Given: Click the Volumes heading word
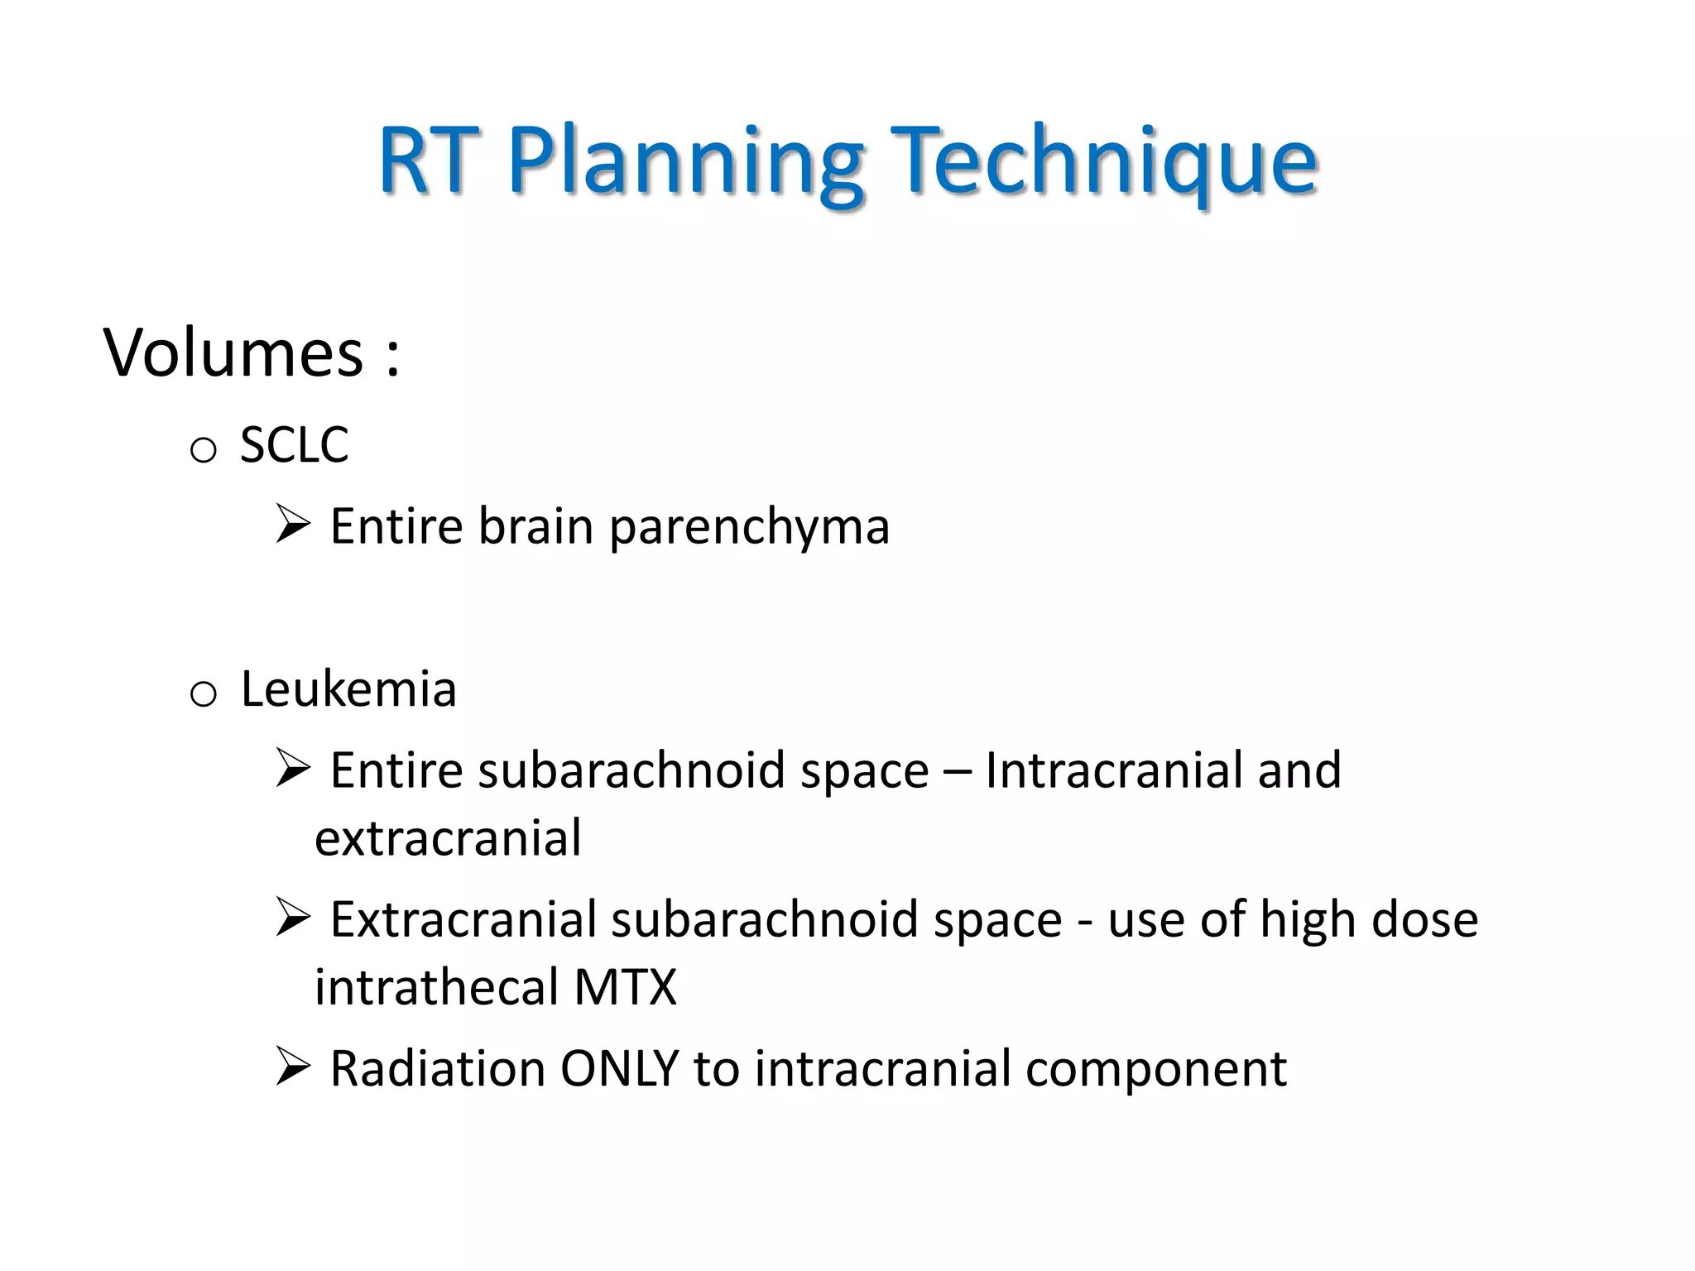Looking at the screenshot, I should (233, 354).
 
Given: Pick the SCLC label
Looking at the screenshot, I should (294, 445).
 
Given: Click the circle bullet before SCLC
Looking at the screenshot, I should (203, 450).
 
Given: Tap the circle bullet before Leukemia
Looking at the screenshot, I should (203, 693).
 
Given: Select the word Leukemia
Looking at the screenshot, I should (348, 688).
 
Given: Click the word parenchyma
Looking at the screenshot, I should (749, 527).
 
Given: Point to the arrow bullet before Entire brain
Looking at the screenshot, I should (293, 524).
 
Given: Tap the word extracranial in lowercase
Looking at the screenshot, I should (448, 838).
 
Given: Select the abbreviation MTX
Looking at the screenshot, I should (625, 987).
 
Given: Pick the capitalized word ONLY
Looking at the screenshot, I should (619, 1068).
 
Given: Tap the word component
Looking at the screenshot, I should (1155, 1070).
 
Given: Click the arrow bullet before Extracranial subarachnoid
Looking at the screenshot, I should (293, 917).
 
